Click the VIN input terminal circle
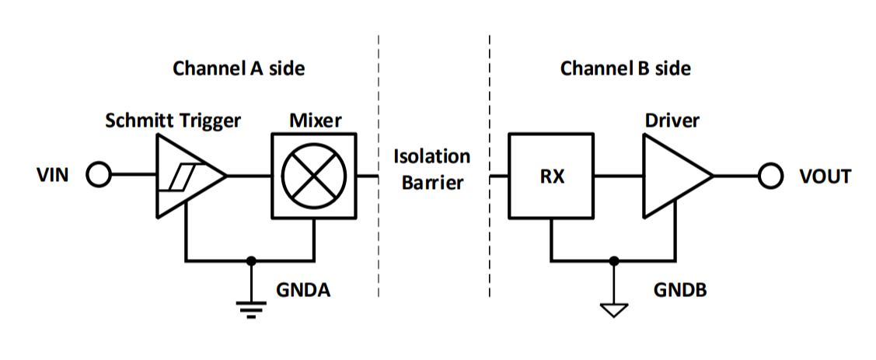coord(98,177)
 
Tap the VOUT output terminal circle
coord(770,177)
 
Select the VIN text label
coord(54,177)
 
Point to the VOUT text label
coord(825,177)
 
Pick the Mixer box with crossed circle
coord(314,177)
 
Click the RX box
coord(551,177)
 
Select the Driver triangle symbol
coord(673,177)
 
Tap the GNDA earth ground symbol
coord(250,308)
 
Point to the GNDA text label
coord(304,291)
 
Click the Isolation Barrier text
coord(432,170)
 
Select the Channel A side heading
coord(239,68)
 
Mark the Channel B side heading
coord(625,68)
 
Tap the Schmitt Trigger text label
coord(173,121)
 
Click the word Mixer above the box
coord(315,121)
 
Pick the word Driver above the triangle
coord(672,121)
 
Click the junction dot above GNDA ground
coord(250,260)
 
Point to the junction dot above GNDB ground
coord(614,260)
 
